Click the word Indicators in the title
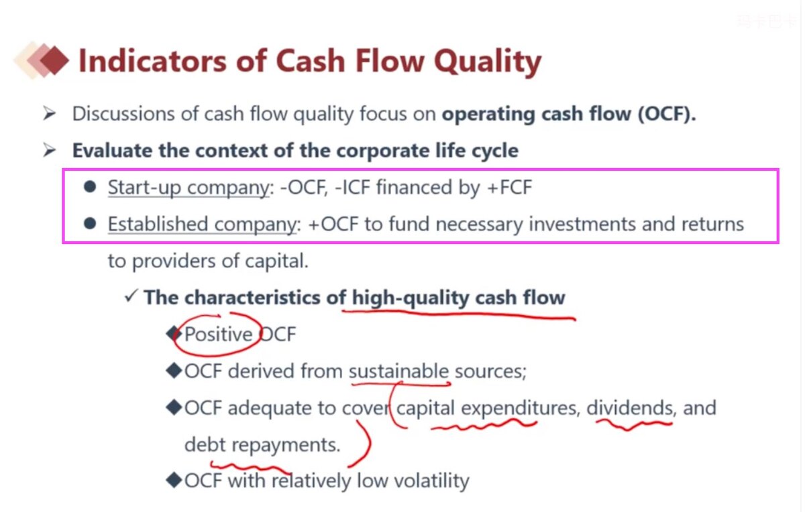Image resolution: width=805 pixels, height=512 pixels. [x=152, y=61]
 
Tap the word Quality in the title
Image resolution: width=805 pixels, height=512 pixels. [x=487, y=62]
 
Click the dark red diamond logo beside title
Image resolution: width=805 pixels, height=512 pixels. [x=54, y=60]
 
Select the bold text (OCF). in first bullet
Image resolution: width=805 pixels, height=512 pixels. [x=667, y=114]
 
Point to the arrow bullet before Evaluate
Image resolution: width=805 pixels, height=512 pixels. [x=49, y=149]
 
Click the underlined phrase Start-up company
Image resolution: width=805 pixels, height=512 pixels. [x=189, y=188]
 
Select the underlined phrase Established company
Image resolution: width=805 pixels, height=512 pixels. [x=202, y=224]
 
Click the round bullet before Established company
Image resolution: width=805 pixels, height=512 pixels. [x=90, y=223]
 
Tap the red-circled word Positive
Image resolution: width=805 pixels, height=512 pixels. [x=218, y=334]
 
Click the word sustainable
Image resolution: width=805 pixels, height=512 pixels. [x=398, y=371]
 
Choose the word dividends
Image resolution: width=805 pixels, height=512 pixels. [x=629, y=408]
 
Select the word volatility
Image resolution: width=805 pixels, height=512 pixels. [x=431, y=481]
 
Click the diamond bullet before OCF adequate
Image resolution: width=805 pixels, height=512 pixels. [x=174, y=407]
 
